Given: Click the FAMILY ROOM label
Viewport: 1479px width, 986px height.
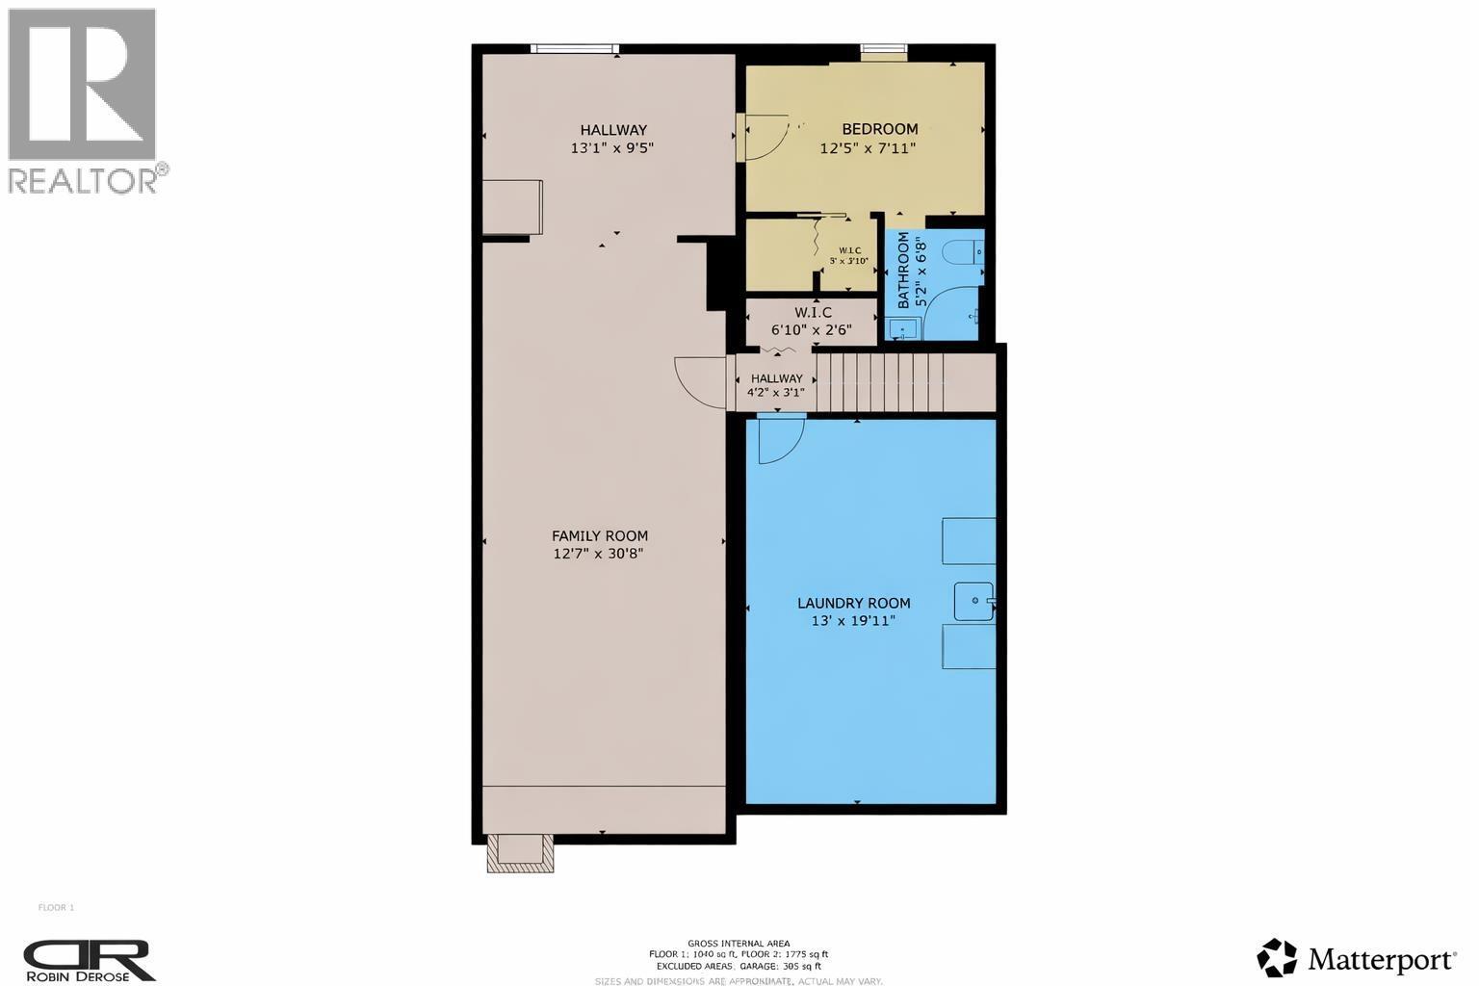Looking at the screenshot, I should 599,536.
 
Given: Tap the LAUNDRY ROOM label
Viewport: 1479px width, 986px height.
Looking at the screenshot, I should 853,604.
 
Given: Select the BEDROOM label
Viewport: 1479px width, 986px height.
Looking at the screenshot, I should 879,129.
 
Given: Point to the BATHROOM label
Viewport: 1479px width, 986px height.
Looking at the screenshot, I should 903,271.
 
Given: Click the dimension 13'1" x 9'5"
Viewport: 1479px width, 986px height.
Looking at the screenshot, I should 612,148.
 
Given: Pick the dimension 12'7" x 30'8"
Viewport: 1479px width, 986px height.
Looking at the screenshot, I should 599,554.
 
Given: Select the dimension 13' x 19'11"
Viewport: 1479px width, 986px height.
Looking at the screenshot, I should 853,621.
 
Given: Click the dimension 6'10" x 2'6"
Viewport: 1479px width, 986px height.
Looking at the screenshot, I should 812,329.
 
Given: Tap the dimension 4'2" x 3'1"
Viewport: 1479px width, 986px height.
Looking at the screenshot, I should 776,392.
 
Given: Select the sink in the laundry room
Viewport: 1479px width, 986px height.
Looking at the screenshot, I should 973,601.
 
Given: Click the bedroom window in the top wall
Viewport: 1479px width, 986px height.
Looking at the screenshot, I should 883,51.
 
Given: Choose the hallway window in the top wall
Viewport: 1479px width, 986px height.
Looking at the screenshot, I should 574,48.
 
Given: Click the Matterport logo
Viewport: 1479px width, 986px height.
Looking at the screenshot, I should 1356,958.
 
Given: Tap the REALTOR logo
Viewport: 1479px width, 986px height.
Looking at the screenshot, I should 84,100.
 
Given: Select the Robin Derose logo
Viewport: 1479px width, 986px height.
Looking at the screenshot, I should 90,960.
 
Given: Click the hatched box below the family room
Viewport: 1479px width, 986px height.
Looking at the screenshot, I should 520,853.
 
